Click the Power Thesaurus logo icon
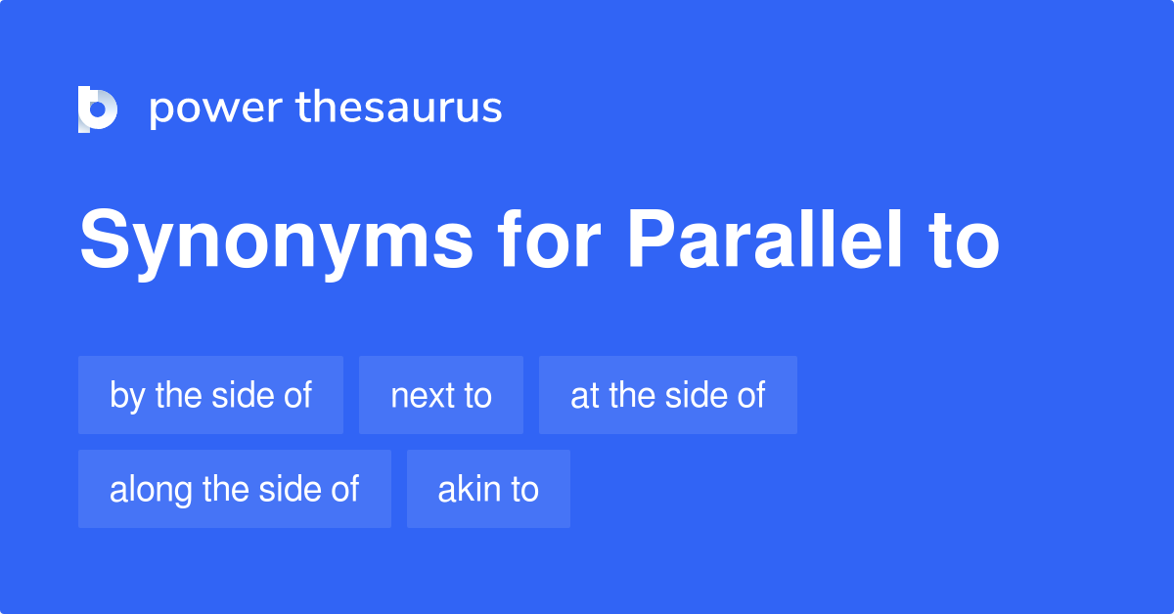[98, 109]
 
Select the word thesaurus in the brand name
[399, 109]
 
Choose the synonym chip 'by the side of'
[210, 395]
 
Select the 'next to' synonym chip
[441, 395]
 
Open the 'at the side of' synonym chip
[668, 395]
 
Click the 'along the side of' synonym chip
[235, 489]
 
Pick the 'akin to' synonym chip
[488, 489]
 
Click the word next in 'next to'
[422, 396]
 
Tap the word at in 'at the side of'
[584, 396]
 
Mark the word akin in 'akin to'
[463, 489]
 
